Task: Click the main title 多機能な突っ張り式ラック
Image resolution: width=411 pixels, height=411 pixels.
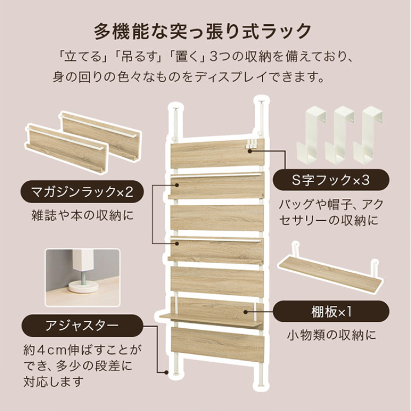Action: pos(205,31)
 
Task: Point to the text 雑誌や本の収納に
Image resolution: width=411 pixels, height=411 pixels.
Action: pos(82,215)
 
